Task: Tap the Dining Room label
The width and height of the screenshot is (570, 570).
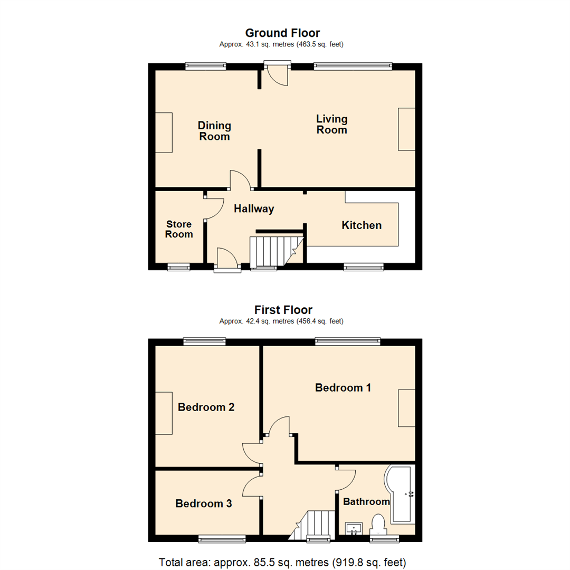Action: (x=214, y=131)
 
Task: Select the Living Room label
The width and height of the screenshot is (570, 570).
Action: (x=331, y=124)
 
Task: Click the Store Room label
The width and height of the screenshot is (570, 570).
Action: (x=179, y=229)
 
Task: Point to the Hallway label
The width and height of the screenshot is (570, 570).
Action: (x=254, y=209)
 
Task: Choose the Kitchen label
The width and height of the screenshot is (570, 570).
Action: (x=362, y=225)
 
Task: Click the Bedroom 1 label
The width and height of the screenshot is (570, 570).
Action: (x=343, y=387)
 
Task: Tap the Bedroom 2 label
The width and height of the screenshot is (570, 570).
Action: (x=206, y=407)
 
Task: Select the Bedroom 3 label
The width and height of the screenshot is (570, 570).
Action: (x=204, y=503)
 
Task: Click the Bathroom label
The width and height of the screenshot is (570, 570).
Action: (x=366, y=501)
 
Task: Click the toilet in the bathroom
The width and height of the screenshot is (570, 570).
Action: (x=378, y=525)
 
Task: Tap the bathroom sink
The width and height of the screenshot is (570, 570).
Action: (x=353, y=528)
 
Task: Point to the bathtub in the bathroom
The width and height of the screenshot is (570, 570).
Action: (x=402, y=494)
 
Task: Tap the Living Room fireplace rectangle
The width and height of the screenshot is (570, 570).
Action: (x=406, y=129)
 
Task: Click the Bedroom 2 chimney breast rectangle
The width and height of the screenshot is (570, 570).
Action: (x=164, y=413)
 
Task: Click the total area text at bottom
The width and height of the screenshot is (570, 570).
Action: (x=283, y=561)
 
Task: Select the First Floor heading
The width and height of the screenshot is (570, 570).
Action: (x=283, y=310)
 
